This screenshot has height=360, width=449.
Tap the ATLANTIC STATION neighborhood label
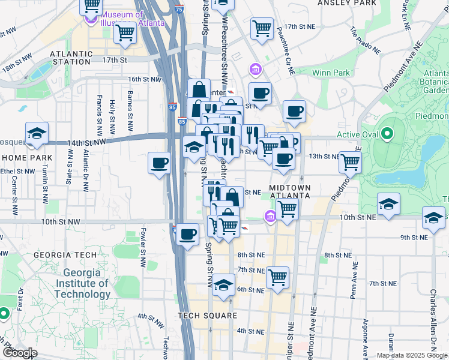(71, 57)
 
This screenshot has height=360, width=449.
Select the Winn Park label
(331, 73)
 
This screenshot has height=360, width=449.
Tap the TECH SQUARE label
(204, 316)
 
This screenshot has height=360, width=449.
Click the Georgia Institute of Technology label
(82, 283)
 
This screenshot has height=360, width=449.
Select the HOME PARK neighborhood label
(23, 157)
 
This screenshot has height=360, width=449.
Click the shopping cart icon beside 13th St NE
(350, 161)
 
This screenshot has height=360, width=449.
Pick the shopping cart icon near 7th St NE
(277, 277)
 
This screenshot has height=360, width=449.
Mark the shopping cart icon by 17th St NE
(262, 28)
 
